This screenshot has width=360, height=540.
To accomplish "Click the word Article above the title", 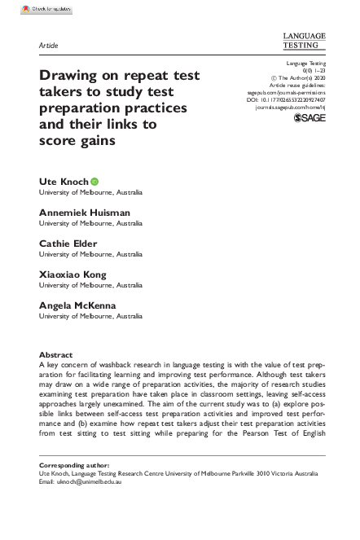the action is [x=50, y=45].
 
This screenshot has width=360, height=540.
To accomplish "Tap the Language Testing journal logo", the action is [x=303, y=42].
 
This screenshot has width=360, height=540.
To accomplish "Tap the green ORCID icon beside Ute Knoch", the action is [x=94, y=180].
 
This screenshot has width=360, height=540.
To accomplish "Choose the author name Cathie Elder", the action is [x=68, y=244].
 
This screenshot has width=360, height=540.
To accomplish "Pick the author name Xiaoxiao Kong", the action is [x=72, y=275].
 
